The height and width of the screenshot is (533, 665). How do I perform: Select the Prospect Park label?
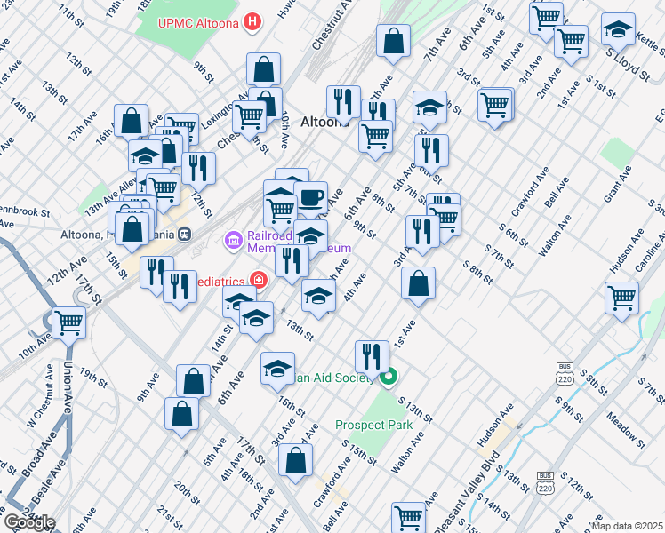[x=373, y=425]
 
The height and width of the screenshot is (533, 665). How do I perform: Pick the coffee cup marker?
[x=310, y=197]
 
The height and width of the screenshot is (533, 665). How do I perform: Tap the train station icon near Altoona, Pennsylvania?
[x=186, y=235]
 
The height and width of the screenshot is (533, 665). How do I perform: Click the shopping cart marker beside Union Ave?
[x=68, y=324]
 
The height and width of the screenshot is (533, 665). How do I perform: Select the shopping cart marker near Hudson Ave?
[x=621, y=298]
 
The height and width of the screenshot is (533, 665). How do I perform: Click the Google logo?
[x=28, y=522]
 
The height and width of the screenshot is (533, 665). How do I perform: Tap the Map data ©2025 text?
[x=628, y=526]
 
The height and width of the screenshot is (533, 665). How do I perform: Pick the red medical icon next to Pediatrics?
[x=258, y=281]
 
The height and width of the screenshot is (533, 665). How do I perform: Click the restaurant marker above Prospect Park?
[x=372, y=355]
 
